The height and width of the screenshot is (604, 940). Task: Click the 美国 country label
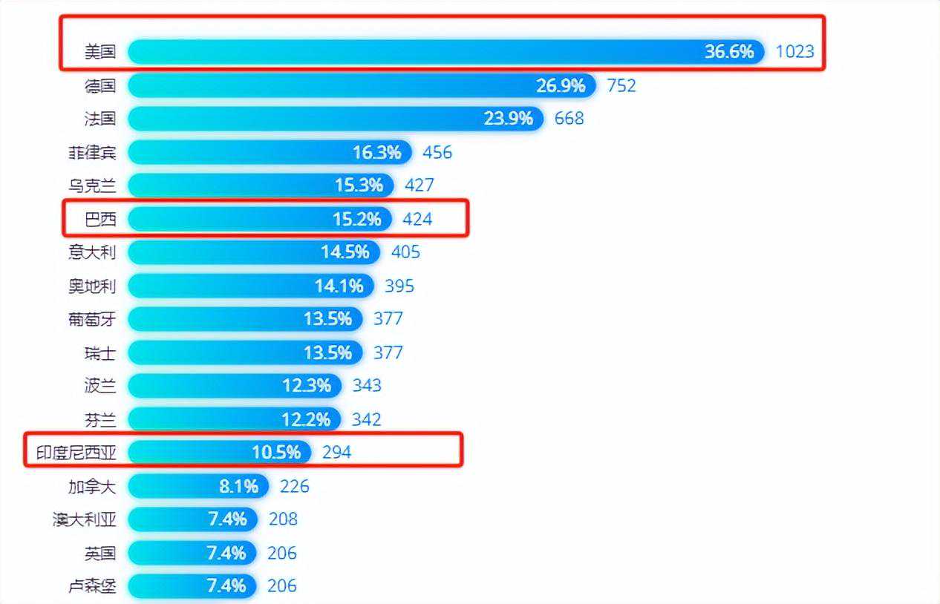tap(99, 52)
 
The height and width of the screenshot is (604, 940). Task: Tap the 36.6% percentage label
tap(729, 51)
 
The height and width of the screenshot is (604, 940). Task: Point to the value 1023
tap(794, 52)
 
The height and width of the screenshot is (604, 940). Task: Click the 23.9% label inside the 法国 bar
tap(509, 119)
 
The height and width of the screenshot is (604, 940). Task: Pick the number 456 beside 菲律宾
tap(437, 152)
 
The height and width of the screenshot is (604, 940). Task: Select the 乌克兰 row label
tap(92, 186)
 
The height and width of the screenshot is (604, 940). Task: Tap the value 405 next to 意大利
tap(405, 252)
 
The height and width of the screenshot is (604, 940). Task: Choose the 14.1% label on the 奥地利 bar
tap(339, 286)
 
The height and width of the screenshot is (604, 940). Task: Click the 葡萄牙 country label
tap(92, 319)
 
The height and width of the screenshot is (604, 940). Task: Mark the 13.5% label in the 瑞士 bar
tap(327, 352)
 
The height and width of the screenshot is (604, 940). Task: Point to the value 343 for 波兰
tap(367, 386)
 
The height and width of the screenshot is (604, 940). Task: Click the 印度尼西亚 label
tap(76, 453)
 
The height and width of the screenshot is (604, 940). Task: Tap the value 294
tap(336, 452)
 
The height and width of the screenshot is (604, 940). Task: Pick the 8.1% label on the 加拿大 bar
tap(238, 486)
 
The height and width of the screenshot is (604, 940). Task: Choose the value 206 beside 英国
tap(282, 553)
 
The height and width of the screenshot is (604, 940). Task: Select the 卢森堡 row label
tap(92, 586)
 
